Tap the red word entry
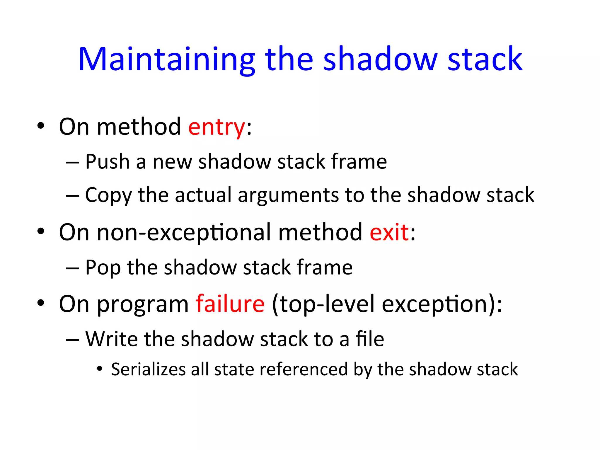click(x=217, y=127)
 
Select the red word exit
click(x=389, y=233)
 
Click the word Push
click(x=108, y=162)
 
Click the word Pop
click(x=103, y=268)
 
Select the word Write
click(x=111, y=339)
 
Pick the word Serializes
click(x=148, y=369)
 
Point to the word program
click(x=143, y=305)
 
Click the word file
click(x=370, y=339)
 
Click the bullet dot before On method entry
click(x=41, y=126)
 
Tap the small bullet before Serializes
click(x=100, y=369)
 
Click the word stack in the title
click(x=485, y=60)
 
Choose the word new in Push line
click(x=172, y=162)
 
